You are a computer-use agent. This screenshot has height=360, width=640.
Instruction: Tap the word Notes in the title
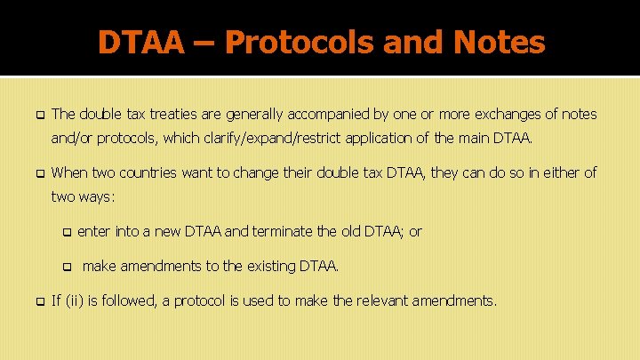(500, 41)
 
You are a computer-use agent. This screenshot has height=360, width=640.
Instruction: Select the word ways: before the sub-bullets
(102, 196)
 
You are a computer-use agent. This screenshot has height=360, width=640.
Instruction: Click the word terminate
(288, 231)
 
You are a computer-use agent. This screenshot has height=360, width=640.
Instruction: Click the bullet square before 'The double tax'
(38, 115)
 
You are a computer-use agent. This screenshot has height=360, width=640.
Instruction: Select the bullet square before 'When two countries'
(38, 173)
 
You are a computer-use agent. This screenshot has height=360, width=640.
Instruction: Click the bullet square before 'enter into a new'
(67, 232)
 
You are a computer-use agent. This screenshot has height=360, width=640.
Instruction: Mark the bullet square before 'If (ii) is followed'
(38, 301)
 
